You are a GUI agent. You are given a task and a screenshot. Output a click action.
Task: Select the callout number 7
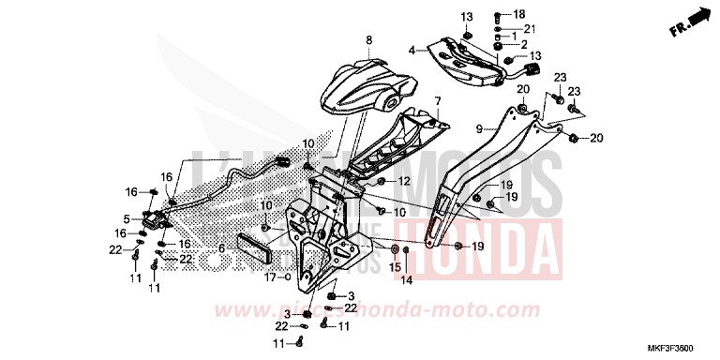pos(436,99)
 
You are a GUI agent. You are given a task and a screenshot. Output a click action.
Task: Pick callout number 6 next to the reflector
pos(221,248)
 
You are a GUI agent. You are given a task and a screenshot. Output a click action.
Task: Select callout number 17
pos(267,277)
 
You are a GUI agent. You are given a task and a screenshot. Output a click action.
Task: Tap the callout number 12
pos(405,181)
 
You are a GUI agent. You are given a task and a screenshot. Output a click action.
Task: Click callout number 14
pos(407,279)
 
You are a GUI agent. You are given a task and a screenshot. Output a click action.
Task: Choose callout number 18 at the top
pos(520,15)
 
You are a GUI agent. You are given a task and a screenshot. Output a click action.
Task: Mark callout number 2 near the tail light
pos(523,44)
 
